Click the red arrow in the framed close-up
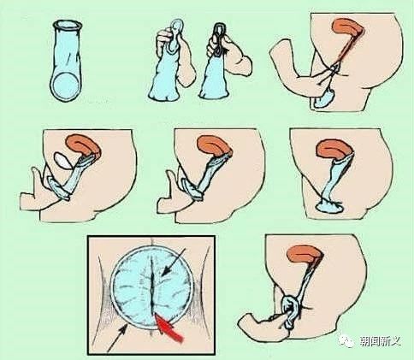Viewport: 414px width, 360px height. pyautogui.click(x=169, y=328)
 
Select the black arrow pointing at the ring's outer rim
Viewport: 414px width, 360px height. pyautogui.click(x=117, y=339)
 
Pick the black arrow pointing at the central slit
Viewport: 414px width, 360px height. pyautogui.click(x=174, y=263)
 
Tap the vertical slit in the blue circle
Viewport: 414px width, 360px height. pyautogui.click(x=152, y=288)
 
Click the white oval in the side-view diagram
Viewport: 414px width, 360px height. pyautogui.click(x=62, y=160)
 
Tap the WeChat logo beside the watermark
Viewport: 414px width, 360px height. pyautogui.click(x=346, y=340)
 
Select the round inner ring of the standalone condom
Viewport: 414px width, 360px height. pyautogui.click(x=65, y=86)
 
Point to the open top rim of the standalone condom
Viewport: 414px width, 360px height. pyautogui.click(x=68, y=25)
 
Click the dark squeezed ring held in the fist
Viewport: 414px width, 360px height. pyautogui.click(x=219, y=38)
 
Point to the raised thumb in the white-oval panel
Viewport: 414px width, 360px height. pyautogui.click(x=38, y=179)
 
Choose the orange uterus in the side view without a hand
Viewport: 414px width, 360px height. pyautogui.click(x=335, y=148)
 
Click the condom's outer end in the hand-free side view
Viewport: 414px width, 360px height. pyautogui.click(x=328, y=206)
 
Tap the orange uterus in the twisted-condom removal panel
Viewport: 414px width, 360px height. pyautogui.click(x=305, y=254)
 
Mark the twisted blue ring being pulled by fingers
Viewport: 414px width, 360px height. pyautogui.click(x=290, y=311)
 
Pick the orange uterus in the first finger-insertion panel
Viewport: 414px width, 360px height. pyautogui.click(x=348, y=29)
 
